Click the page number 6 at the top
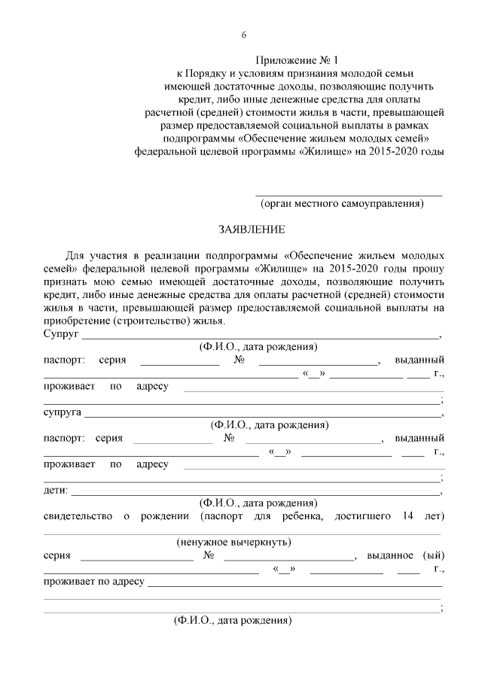pos(244,35)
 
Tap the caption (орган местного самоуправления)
pos(342,203)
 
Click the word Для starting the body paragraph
pos(77,255)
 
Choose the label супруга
pos(63,413)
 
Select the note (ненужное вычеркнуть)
pos(234,542)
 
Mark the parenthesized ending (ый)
pos(434,555)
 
